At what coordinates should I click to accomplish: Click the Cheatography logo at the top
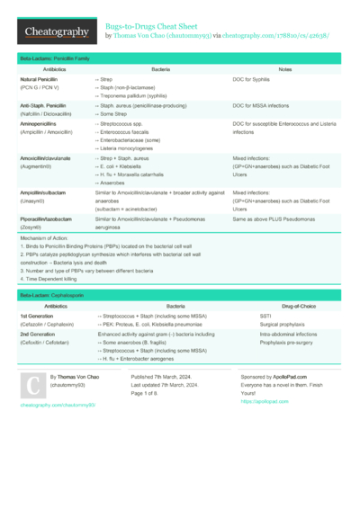click(55, 31)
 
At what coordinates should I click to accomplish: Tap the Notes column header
click(285, 69)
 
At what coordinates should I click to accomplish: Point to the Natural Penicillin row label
click(44, 81)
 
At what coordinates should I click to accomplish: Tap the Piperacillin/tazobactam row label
click(54, 219)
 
